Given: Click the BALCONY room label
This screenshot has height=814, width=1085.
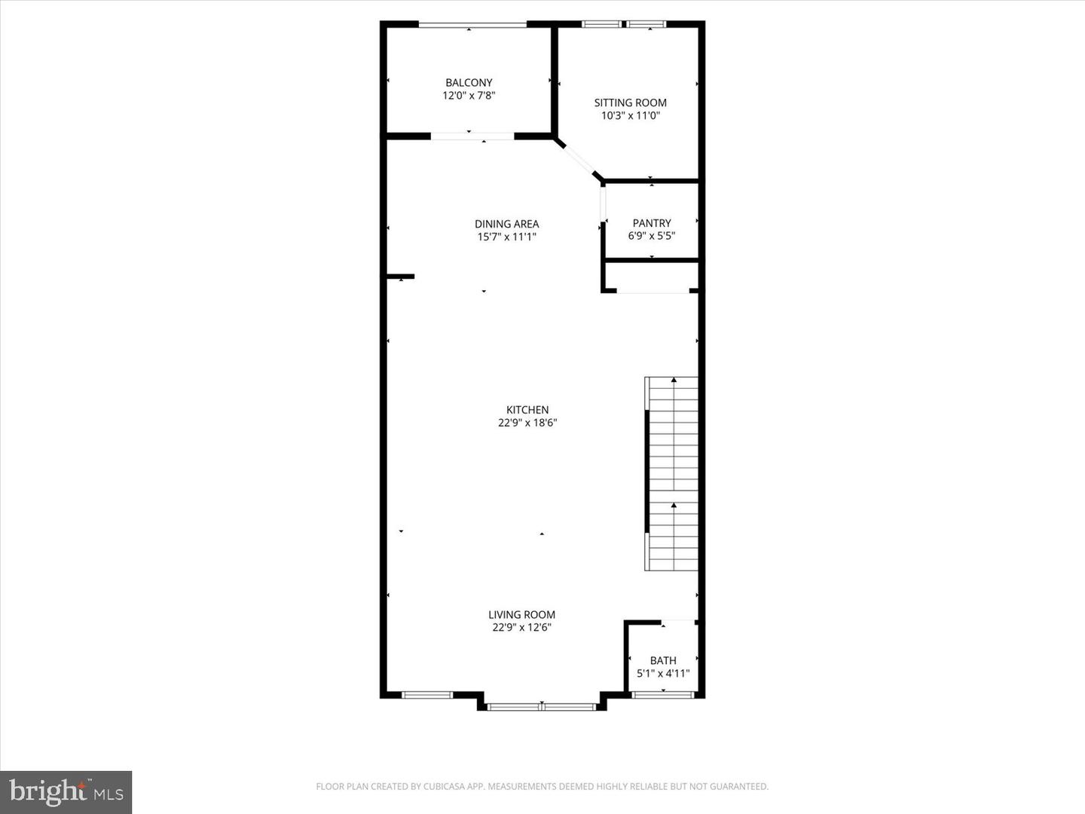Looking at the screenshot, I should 469,82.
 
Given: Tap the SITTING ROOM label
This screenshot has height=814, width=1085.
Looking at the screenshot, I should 630,103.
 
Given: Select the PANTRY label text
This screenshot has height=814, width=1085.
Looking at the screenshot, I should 652,223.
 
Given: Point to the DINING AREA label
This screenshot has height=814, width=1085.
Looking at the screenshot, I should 506,224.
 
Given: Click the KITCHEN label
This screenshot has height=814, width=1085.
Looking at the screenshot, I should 527,410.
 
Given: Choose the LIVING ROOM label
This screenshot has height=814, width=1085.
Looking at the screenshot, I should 521,615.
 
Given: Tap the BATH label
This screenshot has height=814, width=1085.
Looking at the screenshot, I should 663,661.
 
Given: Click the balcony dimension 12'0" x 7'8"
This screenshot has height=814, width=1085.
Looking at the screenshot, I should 469,96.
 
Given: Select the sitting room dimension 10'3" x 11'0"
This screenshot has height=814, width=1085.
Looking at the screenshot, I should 630,116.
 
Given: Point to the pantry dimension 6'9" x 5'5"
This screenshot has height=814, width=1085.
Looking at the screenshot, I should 652,236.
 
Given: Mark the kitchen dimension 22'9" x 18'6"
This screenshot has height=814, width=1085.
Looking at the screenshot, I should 527,423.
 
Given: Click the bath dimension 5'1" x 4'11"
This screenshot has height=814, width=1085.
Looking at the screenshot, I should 663,674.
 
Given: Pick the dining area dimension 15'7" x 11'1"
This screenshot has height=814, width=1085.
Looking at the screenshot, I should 506,237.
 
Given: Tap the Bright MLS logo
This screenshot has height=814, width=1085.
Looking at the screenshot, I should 66,792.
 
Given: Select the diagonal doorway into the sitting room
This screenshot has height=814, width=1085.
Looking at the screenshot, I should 579,159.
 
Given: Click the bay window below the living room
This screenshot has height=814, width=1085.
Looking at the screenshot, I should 541,707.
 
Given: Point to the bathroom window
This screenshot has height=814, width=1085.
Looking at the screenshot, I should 663,695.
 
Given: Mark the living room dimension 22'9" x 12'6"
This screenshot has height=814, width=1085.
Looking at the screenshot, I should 521,628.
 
